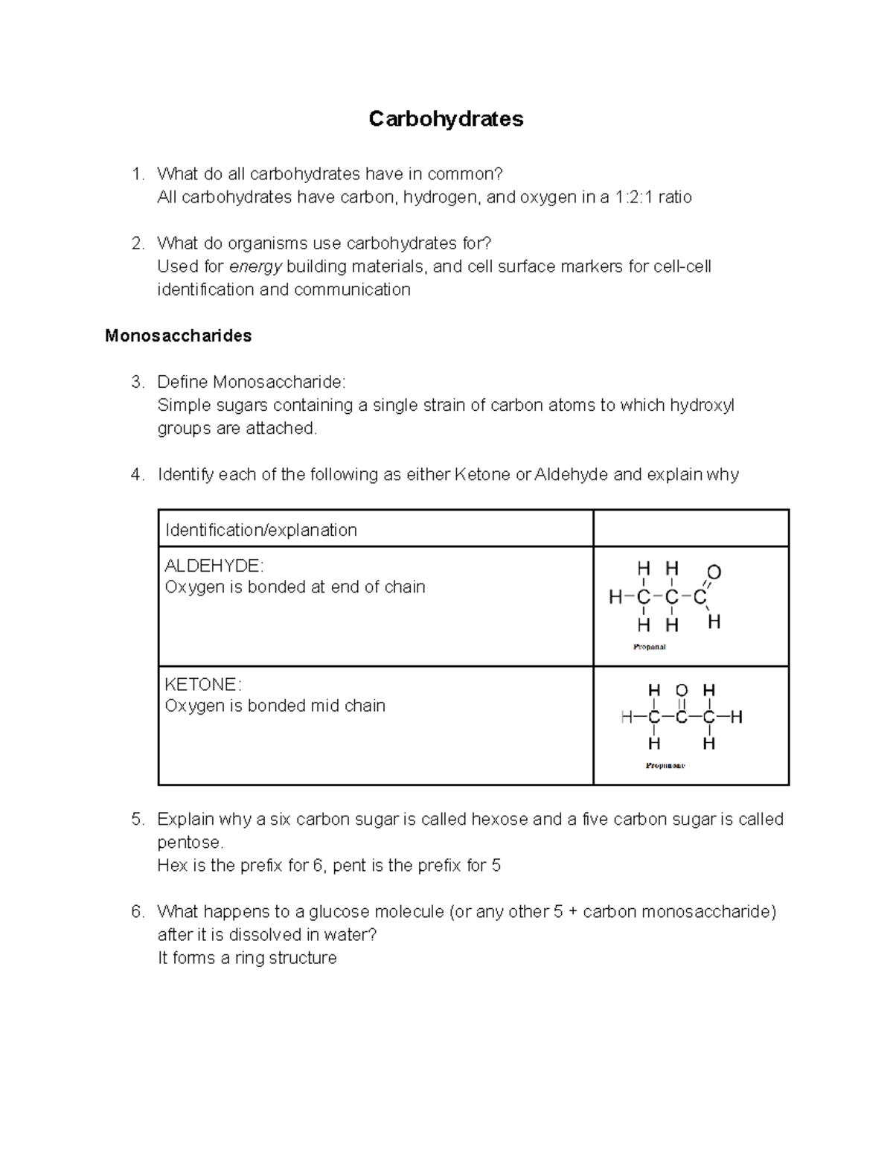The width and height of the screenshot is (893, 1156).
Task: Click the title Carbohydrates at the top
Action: (x=446, y=119)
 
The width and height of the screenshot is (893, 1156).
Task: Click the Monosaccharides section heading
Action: (x=178, y=336)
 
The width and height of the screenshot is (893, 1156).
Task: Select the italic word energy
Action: (x=255, y=266)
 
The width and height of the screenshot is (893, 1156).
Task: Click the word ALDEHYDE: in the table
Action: (x=214, y=565)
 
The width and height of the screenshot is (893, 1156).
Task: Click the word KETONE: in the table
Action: (x=202, y=684)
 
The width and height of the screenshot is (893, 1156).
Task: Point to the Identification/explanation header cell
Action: (x=261, y=530)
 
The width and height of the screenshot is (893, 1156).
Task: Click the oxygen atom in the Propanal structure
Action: (x=714, y=572)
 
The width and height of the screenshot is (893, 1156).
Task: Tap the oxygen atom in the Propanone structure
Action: (x=681, y=690)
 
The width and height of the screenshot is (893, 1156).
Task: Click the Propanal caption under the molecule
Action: (x=649, y=647)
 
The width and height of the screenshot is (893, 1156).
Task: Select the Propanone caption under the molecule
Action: (x=665, y=765)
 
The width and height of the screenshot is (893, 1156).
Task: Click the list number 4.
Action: (x=136, y=474)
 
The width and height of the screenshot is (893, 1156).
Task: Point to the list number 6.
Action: (x=136, y=911)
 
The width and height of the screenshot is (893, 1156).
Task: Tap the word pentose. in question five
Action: (x=190, y=842)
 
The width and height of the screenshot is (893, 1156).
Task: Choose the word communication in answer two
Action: (x=352, y=290)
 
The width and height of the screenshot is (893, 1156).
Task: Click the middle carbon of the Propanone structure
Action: (x=681, y=718)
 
